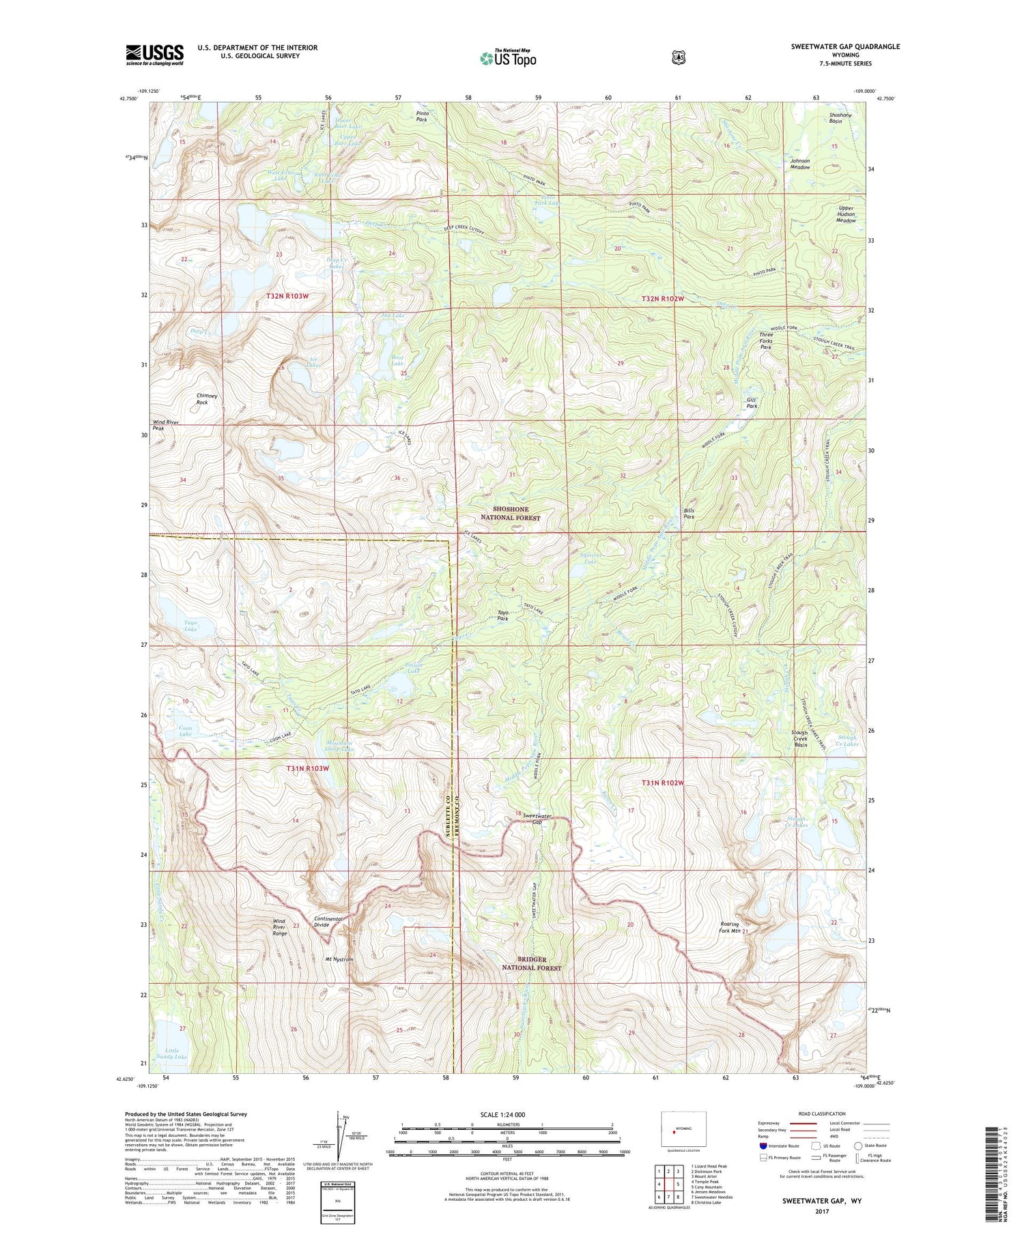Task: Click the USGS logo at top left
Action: [x=154, y=55]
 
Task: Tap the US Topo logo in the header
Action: [x=508, y=58]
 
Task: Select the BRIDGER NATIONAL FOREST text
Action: [x=532, y=963]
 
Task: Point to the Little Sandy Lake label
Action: [x=171, y=1053]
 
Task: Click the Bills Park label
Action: [x=689, y=513]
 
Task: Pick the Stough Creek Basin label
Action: [x=799, y=738]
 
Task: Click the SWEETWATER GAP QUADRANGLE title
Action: [x=845, y=46]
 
